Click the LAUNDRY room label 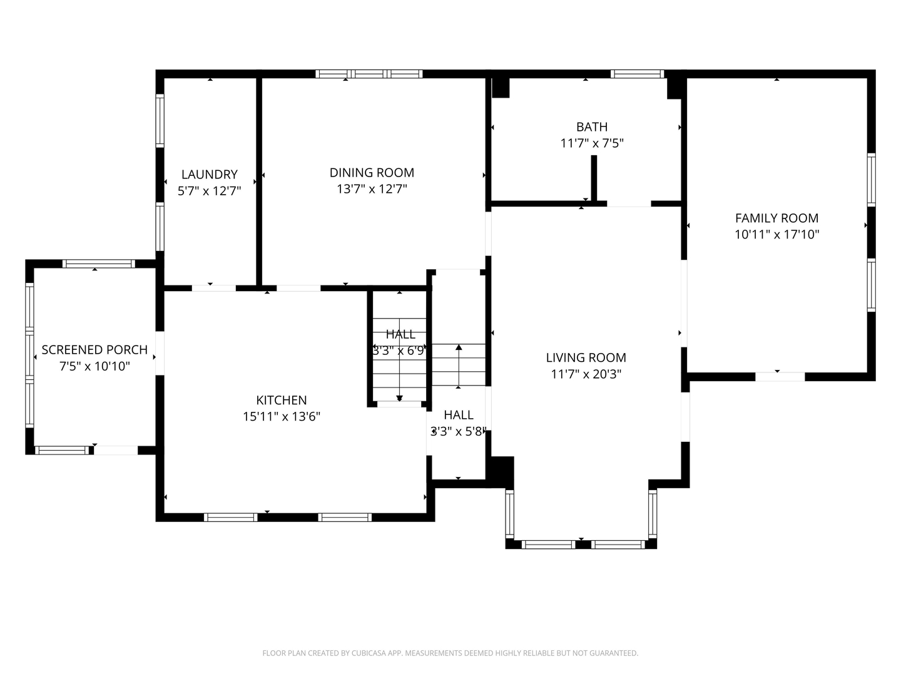tap(209, 175)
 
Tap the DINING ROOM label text tap(372, 173)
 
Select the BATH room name tap(591, 127)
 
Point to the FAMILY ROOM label tap(776, 218)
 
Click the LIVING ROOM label tap(586, 358)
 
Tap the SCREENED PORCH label tap(94, 350)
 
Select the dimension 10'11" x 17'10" tap(776, 235)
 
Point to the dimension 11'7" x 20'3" tap(586, 374)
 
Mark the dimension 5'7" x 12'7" tap(209, 191)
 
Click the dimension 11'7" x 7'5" tap(591, 143)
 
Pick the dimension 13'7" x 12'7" tap(372, 189)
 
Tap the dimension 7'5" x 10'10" tap(94, 366)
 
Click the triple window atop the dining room tap(369, 74)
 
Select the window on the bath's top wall tap(637, 74)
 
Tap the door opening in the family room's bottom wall tap(780, 377)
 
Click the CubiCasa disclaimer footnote tap(450, 653)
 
